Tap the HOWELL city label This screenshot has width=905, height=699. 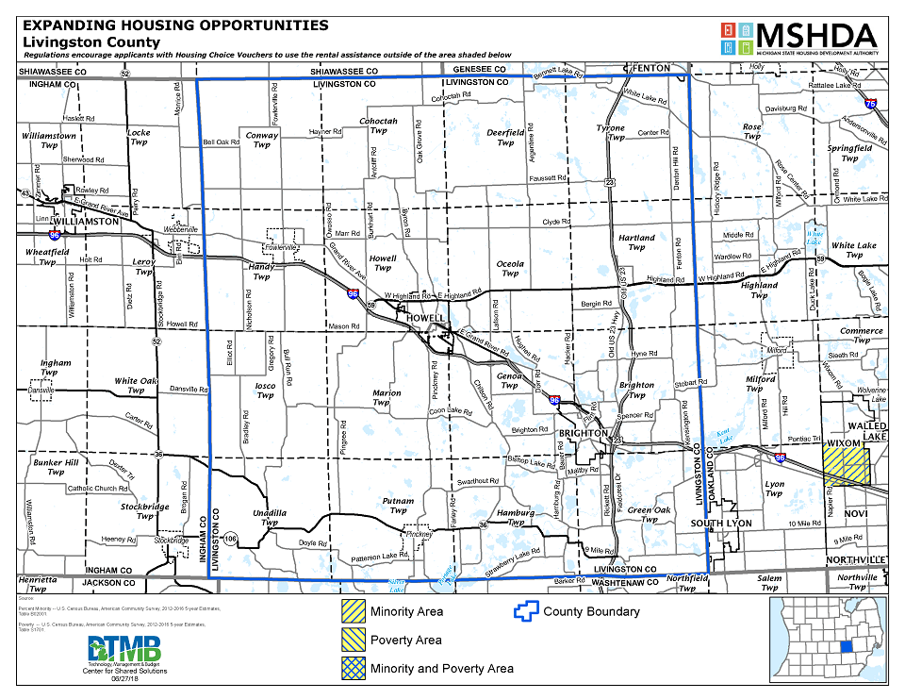[424, 319]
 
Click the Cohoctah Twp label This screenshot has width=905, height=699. [378, 126]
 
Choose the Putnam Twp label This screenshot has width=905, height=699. [397, 507]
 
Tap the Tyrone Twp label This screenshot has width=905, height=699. [612, 132]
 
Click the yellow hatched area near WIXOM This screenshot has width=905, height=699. [846, 467]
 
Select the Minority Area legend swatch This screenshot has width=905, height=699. [354, 611]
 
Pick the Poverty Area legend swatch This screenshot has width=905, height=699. [354, 640]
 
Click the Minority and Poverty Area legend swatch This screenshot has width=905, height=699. [354, 668]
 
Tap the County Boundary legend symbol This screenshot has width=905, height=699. [524, 611]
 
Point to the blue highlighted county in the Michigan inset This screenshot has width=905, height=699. [846, 647]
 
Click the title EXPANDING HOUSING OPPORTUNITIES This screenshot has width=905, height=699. [175, 25]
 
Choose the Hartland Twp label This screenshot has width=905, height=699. [636, 242]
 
